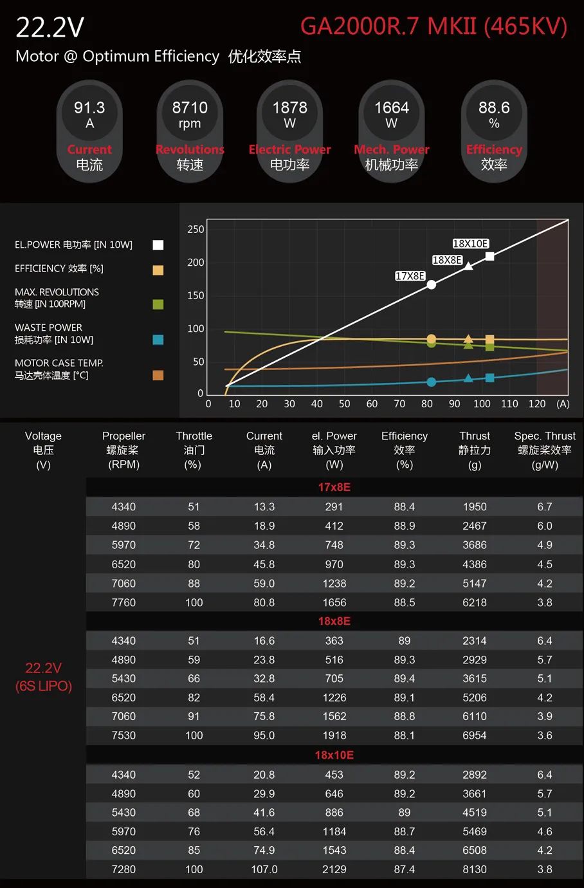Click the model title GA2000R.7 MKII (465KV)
point(433,26)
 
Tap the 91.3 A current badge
point(89,131)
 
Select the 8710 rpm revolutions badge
point(190,131)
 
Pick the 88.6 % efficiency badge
point(494,131)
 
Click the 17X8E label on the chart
point(410,276)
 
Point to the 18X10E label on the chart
point(470,244)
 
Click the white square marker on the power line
point(489,256)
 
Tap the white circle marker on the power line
point(432,284)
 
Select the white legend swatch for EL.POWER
point(158,245)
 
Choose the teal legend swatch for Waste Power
point(158,340)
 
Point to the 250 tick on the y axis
point(196,229)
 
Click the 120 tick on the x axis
point(536,404)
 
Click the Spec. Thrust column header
point(545,450)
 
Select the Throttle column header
point(194,450)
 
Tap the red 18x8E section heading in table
point(334,621)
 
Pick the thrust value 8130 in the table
point(475,869)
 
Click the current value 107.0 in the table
point(264,869)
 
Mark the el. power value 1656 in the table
point(334,602)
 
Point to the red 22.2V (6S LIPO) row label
point(44,677)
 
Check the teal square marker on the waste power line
point(489,378)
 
